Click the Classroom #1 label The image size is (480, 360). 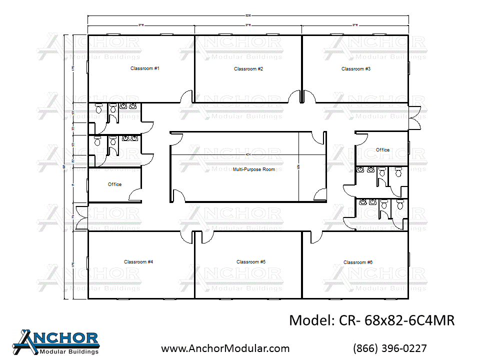[x=144, y=68]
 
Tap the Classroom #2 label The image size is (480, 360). [x=248, y=69]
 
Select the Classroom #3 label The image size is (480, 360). [x=356, y=69]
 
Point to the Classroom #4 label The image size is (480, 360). [x=138, y=262]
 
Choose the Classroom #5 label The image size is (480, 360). [x=250, y=262]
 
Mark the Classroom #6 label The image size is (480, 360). [x=358, y=262]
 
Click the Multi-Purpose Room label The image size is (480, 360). [x=254, y=169]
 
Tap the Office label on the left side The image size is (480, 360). [x=114, y=184]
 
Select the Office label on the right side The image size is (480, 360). [x=382, y=150]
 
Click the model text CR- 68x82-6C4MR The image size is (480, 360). [x=371, y=320]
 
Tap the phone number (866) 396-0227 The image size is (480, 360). [x=390, y=348]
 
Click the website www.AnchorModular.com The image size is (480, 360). [x=225, y=348]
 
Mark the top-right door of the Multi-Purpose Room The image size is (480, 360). [x=317, y=138]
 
